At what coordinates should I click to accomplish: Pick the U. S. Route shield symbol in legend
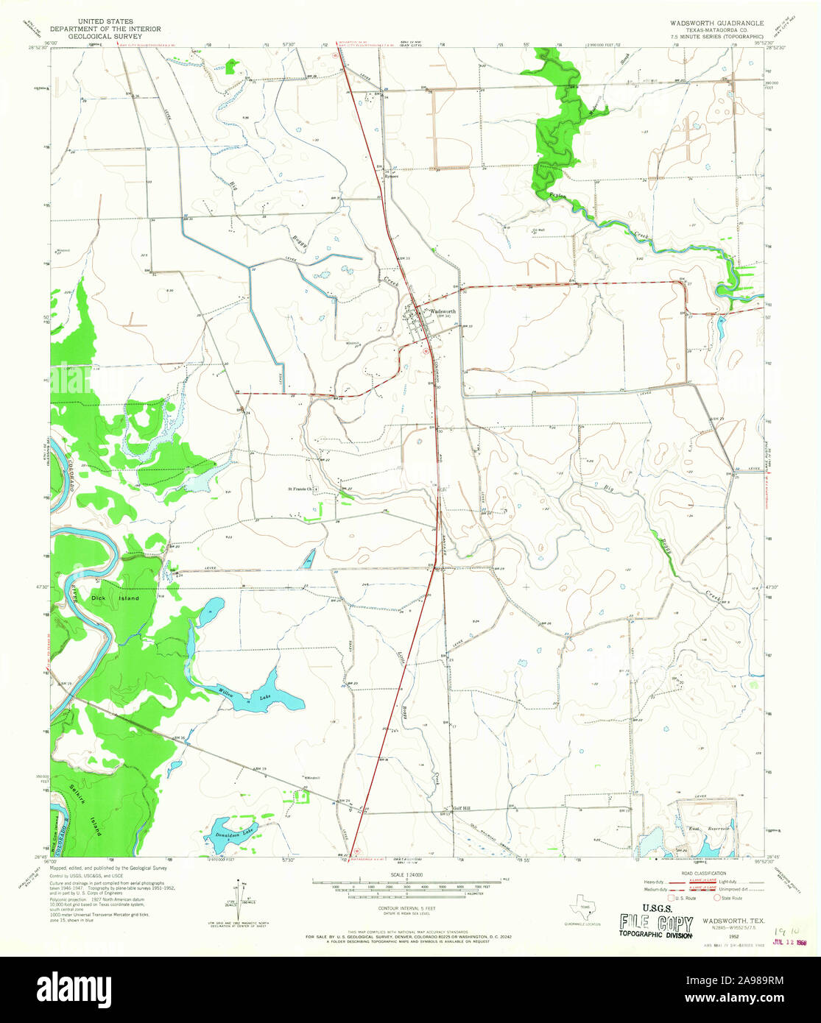click(x=672, y=898)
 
